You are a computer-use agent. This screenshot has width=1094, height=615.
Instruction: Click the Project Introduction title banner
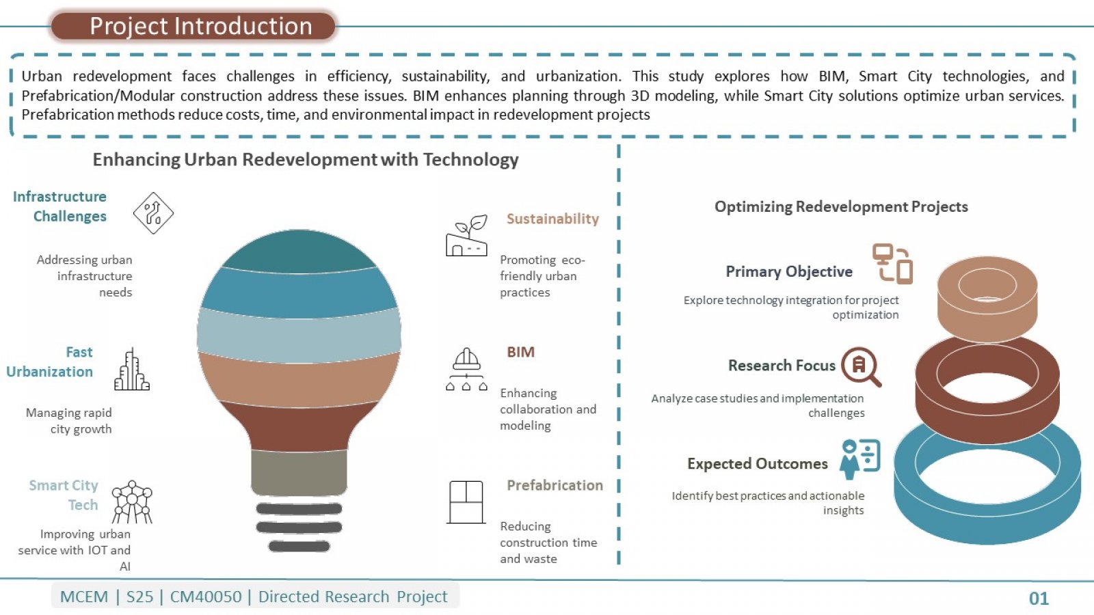click(x=194, y=27)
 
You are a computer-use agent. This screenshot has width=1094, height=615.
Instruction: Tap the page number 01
click(x=1039, y=599)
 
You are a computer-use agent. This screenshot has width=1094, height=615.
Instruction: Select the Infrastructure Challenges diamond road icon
click(x=153, y=213)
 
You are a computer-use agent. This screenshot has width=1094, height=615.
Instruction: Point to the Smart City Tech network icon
click(x=132, y=502)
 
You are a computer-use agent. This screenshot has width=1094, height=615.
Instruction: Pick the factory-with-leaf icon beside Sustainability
click(x=466, y=235)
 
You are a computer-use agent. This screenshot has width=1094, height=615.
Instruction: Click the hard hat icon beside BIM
click(x=466, y=369)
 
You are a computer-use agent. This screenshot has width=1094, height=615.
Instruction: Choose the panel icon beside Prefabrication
click(x=466, y=502)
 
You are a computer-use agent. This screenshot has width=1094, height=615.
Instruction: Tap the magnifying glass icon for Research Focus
click(x=861, y=367)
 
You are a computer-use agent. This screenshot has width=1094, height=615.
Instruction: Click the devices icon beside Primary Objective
click(x=892, y=264)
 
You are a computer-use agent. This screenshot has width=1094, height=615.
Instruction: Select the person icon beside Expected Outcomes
click(x=859, y=459)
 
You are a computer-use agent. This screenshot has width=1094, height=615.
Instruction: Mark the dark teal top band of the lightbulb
click(x=299, y=251)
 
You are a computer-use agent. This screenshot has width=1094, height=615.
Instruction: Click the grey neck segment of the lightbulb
click(x=299, y=472)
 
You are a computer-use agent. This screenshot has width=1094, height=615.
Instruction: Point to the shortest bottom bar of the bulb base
click(x=299, y=546)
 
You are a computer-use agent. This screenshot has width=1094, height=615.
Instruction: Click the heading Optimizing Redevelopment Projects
click(x=841, y=206)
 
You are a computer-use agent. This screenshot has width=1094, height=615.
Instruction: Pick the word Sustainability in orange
click(x=552, y=219)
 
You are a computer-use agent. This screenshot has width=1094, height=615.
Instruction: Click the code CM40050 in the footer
click(x=206, y=597)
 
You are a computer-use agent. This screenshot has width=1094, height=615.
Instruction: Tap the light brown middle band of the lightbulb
click(x=299, y=381)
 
